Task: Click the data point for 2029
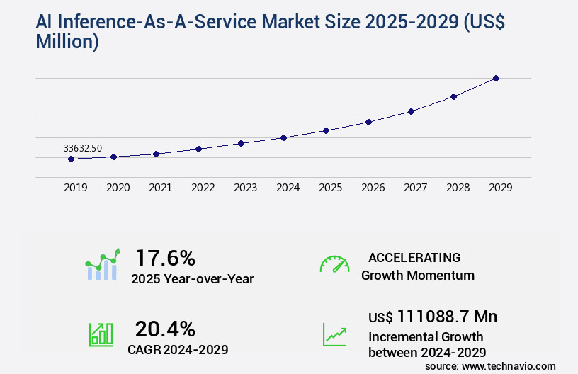496,78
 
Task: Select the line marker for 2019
71,159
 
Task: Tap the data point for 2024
283,137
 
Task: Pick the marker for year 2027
411,111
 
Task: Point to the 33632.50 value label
83,148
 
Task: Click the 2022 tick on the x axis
203,188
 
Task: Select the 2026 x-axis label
373,188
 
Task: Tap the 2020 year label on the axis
118,188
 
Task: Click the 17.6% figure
165,257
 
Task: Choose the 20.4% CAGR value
165,329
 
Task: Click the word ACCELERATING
414,257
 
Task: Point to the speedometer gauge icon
334,263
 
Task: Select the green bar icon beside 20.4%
101,334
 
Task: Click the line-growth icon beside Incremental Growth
334,334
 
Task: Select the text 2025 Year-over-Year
192,279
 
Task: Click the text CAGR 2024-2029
178,349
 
